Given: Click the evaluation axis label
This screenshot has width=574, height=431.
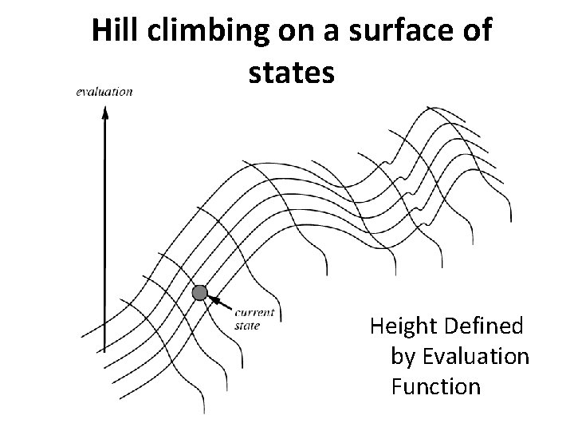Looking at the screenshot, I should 104,92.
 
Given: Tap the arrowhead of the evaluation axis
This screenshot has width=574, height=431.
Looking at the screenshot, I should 104,112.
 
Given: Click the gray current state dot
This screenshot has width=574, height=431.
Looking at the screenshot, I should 199,294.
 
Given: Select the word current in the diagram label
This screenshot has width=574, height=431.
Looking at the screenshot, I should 255,314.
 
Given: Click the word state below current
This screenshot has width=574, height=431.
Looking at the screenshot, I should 248,325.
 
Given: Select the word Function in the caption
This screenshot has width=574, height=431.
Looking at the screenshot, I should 435,387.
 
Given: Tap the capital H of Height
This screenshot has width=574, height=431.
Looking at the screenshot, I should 375,326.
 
